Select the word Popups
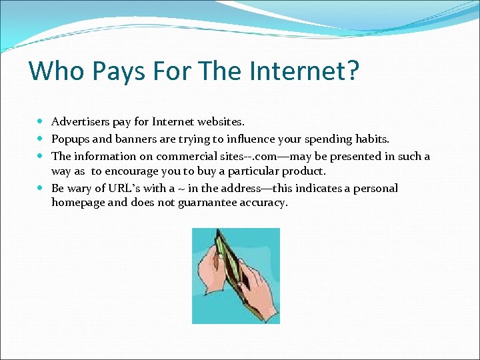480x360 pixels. (x=71, y=139)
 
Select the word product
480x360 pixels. (x=303, y=171)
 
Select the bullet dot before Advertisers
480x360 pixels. (x=41, y=123)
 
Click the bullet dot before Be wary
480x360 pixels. (x=41, y=189)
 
